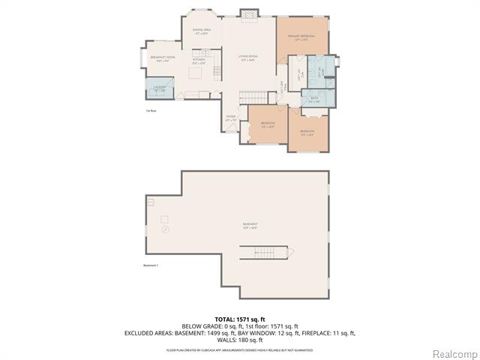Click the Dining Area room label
pyautogui.click(x=202, y=31)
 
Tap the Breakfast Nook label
pyautogui.click(x=163, y=59)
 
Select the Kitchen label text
pyautogui.click(x=199, y=61)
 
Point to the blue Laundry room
pyautogui.click(x=158, y=88)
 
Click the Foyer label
pyautogui.click(x=231, y=117)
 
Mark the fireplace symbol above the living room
pyautogui.click(x=248, y=13)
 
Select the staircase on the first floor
pyautogui.click(x=255, y=98)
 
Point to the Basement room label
pyautogui.click(x=250, y=225)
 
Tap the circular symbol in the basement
pyautogui.click(x=166, y=229)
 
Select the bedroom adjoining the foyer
pyautogui.click(x=266, y=124)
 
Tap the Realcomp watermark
pyautogui.click(x=454, y=352)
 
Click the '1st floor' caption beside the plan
pyautogui.click(x=151, y=111)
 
